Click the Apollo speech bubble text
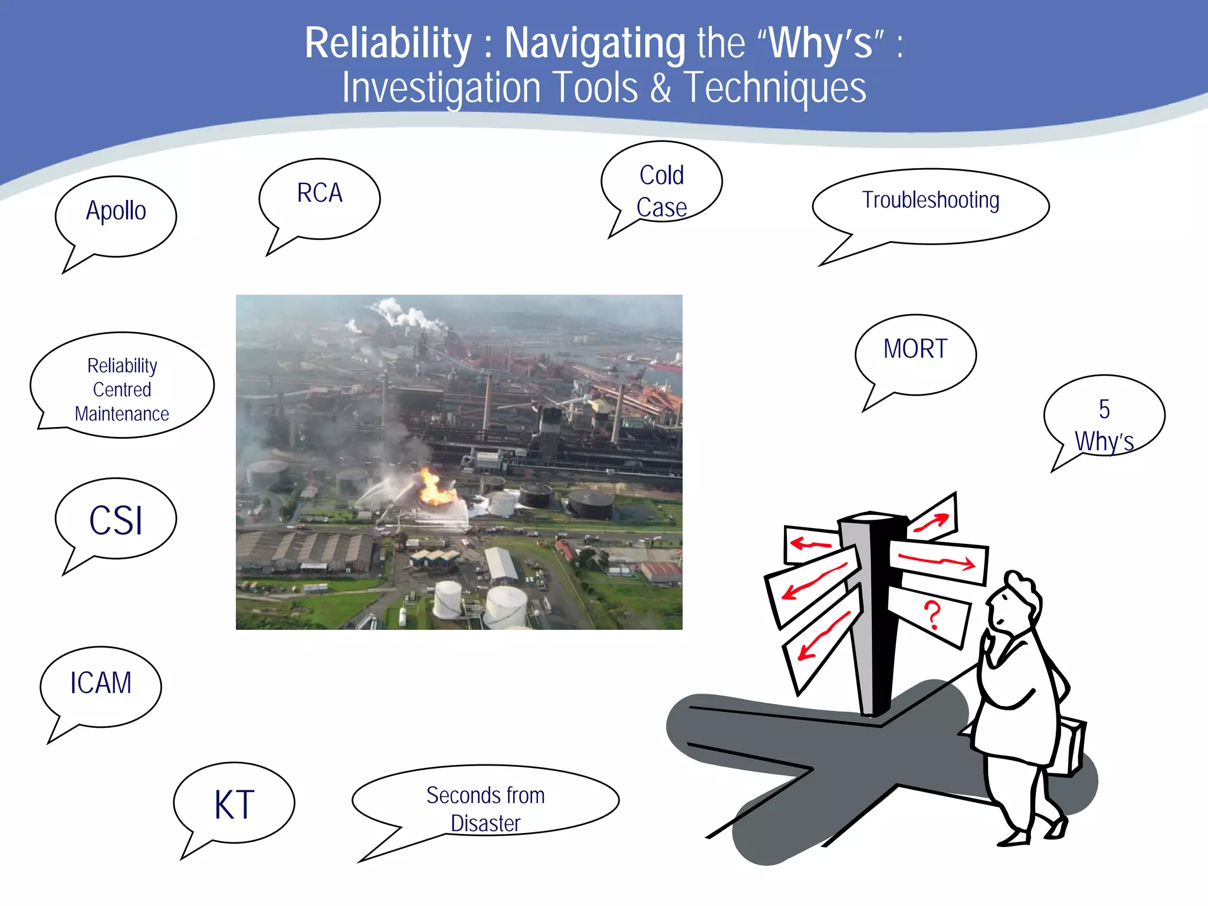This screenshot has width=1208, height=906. (x=116, y=211)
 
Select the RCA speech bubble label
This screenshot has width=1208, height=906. (x=319, y=193)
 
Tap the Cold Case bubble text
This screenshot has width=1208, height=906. (x=661, y=191)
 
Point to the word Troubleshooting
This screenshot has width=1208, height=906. (x=930, y=201)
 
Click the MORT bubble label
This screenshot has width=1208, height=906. (x=915, y=349)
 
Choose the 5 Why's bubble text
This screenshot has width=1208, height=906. (x=1104, y=425)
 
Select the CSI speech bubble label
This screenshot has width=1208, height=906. (x=116, y=521)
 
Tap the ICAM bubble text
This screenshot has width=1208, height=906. (x=100, y=683)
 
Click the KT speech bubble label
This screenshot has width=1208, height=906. (x=234, y=805)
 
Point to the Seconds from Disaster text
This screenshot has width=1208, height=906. (x=485, y=809)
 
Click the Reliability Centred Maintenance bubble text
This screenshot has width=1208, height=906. (x=122, y=390)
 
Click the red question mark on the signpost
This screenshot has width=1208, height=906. (x=931, y=615)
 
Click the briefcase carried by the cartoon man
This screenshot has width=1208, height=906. (x=1071, y=746)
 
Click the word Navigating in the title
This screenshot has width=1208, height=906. (x=595, y=43)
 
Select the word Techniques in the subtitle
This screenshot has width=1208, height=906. (x=774, y=88)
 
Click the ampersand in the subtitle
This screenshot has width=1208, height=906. (x=661, y=88)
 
